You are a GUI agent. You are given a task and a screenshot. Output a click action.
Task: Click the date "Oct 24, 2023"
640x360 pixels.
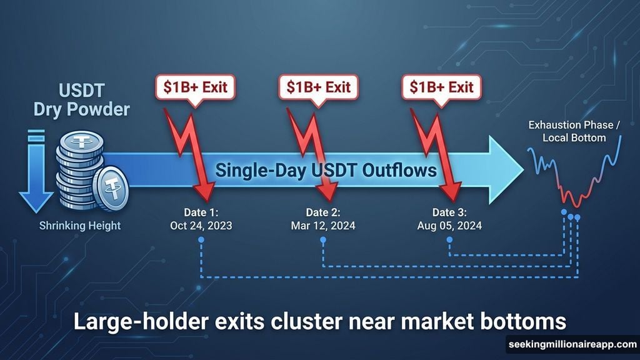(x=200, y=224)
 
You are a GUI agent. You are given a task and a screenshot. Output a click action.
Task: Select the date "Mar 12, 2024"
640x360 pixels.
(x=324, y=224)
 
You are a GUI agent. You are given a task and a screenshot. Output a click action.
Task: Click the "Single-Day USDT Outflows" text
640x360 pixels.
(x=326, y=171)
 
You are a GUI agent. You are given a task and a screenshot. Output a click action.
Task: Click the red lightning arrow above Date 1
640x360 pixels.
(x=187, y=150)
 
